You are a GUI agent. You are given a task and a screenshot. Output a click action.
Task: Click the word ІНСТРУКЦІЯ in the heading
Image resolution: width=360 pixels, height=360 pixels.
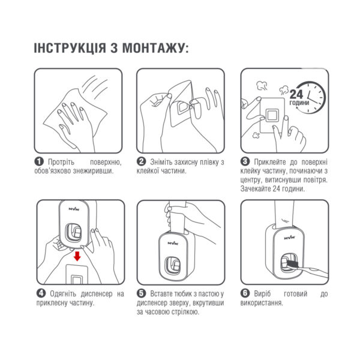click(x=70, y=48)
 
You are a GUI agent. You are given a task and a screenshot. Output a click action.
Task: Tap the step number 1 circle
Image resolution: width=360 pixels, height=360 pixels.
click(x=39, y=161)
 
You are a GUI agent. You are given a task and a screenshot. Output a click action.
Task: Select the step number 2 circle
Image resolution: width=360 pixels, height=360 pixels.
click(x=141, y=161)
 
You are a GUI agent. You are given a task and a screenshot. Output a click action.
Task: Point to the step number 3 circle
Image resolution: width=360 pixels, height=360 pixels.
click(x=245, y=161)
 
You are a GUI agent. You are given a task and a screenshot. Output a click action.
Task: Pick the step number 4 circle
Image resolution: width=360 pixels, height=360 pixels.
click(x=41, y=293)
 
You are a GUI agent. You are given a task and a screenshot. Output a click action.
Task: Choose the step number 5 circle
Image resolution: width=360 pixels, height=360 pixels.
click(x=141, y=293)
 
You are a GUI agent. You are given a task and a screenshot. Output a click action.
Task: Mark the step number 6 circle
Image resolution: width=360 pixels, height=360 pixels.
click(x=245, y=293)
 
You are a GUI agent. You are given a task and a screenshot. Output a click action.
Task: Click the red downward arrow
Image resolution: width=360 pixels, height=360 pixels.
click(x=77, y=256)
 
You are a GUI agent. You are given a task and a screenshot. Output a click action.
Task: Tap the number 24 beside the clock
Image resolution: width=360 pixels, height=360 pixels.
click(x=296, y=94)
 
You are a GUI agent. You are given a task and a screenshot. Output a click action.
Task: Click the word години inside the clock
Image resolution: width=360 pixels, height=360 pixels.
click(x=299, y=103)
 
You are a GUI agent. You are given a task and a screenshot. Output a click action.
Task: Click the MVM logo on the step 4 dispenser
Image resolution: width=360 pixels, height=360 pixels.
click(x=74, y=209)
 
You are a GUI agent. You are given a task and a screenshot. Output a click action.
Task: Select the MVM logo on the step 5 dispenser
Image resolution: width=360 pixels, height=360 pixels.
click(x=173, y=243)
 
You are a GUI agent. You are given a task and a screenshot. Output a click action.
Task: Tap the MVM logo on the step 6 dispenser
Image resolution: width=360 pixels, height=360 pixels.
click(x=289, y=238)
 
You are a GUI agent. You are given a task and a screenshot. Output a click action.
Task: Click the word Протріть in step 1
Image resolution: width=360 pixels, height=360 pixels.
click(x=61, y=162)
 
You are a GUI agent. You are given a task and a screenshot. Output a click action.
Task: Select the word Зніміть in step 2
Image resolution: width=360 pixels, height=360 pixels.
click(x=161, y=162)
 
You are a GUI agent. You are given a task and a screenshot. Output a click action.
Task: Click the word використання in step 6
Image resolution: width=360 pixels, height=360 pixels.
click(x=262, y=303)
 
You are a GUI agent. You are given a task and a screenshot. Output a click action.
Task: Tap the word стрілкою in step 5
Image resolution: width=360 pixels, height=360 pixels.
click(x=186, y=312)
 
